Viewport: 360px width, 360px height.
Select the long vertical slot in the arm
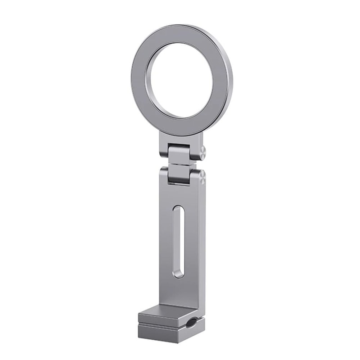178,241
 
